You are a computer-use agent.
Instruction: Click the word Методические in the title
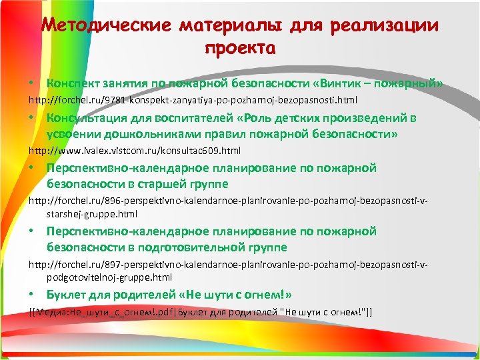109,26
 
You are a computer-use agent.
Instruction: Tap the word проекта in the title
239,48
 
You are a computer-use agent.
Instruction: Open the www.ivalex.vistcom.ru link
134,150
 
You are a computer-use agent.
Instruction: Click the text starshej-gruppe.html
91,215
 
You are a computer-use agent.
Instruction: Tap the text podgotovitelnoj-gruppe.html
109,277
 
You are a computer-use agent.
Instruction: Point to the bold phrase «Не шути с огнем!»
237,295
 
